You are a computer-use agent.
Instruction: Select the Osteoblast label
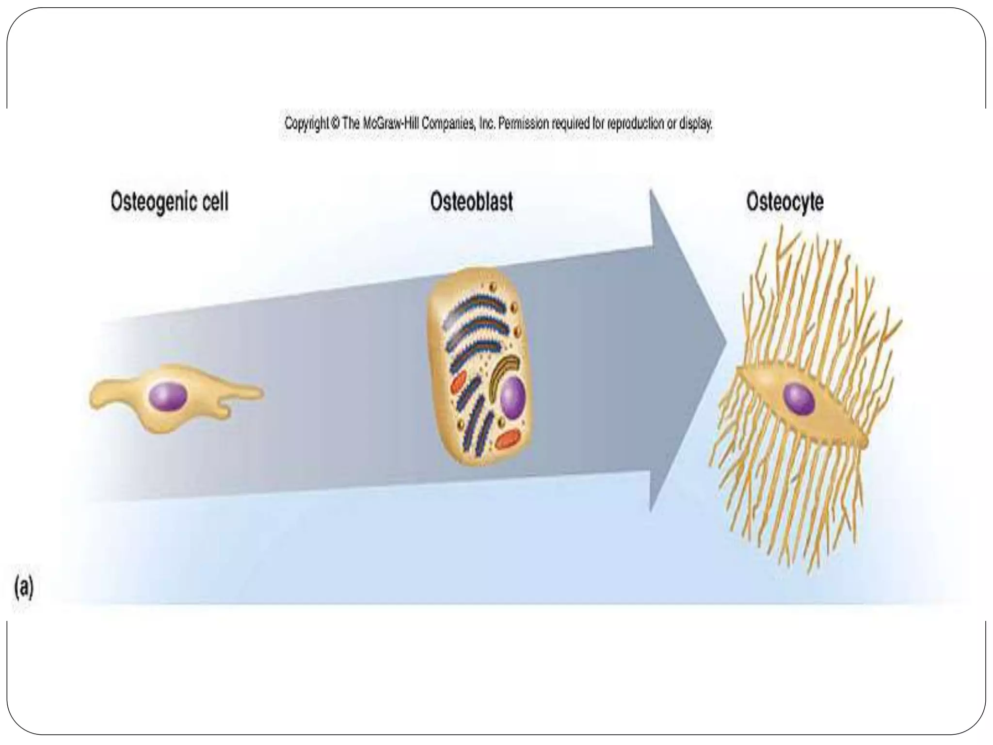click(x=471, y=201)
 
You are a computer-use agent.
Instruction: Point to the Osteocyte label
click(x=785, y=201)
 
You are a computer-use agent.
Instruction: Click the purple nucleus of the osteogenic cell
click(x=168, y=397)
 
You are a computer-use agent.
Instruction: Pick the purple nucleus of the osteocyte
click(x=799, y=399)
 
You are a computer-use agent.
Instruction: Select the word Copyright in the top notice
click(x=306, y=124)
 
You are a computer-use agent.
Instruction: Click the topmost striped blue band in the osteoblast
click(x=478, y=303)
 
